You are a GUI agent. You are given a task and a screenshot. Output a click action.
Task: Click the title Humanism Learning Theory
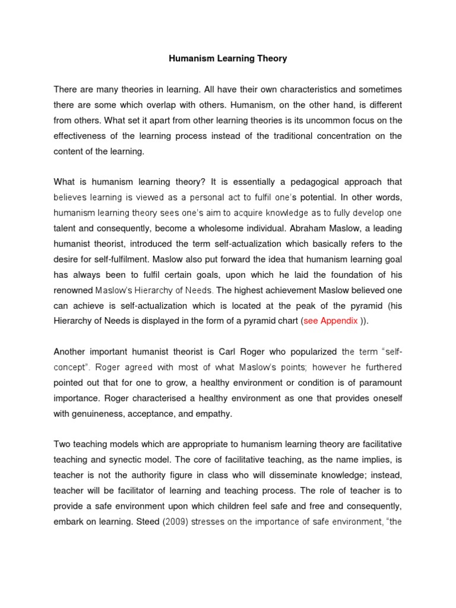click(228, 59)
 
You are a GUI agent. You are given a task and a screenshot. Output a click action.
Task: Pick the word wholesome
click(236, 229)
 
